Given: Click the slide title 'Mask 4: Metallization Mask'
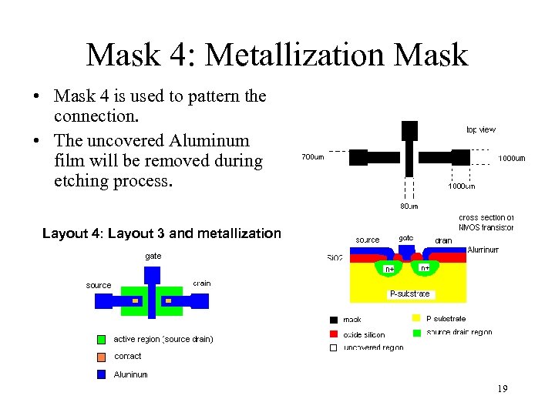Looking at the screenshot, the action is (277, 55).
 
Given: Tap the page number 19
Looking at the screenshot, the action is (502, 389).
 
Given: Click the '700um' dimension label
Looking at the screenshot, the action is (312, 158).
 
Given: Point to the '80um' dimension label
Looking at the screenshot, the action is (409, 206).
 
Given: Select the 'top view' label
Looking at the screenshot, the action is (481, 129).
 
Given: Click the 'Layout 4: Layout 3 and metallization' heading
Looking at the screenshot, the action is (161, 233).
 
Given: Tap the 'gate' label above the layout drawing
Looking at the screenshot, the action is (153, 255).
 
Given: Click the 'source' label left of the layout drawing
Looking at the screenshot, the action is (99, 285).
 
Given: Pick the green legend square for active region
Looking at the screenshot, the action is (101, 339).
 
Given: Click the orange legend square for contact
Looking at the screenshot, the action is (101, 357).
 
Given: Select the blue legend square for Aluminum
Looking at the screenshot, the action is (101, 374).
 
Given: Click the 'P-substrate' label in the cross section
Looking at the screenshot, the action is (409, 294).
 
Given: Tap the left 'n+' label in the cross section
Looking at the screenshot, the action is (390, 269).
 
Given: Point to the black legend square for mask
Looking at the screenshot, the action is (333, 319).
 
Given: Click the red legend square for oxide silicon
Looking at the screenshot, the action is (333, 334).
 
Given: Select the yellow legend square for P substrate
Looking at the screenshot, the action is (416, 318).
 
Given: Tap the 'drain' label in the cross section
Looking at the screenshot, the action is (443, 240).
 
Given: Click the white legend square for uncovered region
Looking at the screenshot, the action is (333, 347).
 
